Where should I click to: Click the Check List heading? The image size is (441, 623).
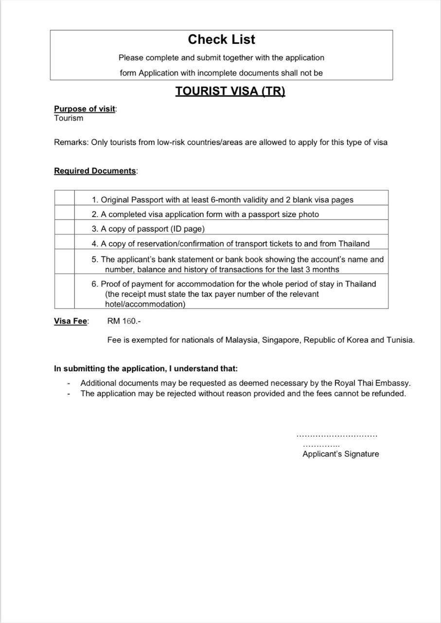221,39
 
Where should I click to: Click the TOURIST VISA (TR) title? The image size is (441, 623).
230,92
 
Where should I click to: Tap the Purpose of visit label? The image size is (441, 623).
85,109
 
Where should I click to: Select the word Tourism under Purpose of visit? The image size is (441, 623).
69,118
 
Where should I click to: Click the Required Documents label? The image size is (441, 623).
95,171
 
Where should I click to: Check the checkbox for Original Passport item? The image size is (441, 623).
64,198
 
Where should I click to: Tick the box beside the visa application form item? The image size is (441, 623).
64,213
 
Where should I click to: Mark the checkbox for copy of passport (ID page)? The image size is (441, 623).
64,228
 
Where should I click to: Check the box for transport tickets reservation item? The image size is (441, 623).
64,242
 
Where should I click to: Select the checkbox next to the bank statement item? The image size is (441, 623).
64,262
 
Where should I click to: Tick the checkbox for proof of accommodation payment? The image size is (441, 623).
64,291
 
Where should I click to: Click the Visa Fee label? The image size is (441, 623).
71,321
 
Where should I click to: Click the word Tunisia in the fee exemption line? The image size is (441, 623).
400,340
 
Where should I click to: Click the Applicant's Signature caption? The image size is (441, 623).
340,454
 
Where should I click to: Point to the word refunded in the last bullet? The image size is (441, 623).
387,394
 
